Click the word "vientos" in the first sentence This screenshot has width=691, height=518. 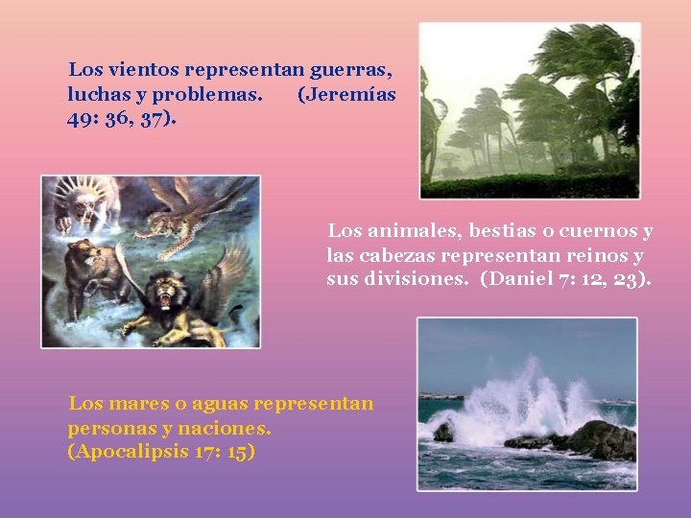[x=145, y=70]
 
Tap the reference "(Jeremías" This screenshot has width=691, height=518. [x=346, y=95]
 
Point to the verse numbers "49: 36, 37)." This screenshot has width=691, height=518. [x=122, y=120]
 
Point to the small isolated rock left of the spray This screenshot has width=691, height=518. [x=442, y=432]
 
